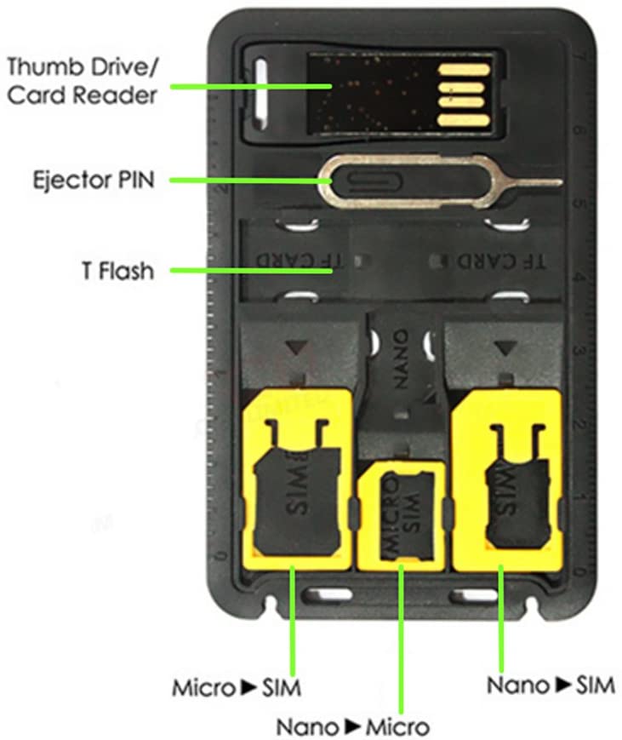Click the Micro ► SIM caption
click(x=237, y=686)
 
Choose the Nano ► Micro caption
click(x=352, y=726)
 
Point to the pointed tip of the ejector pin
click(x=557, y=181)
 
